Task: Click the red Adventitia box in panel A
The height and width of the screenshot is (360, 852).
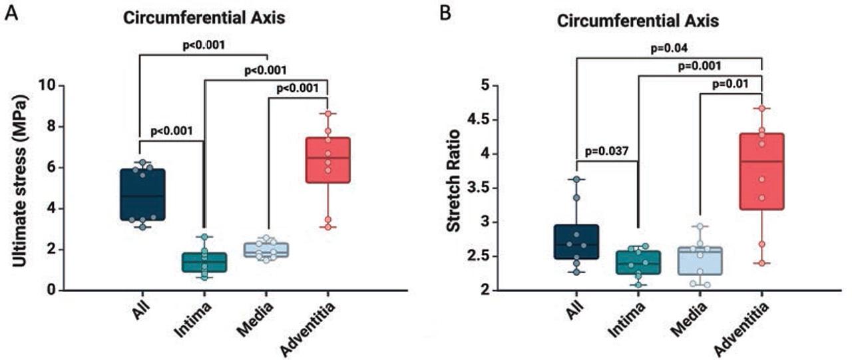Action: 327,160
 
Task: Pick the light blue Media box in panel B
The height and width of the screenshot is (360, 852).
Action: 700,260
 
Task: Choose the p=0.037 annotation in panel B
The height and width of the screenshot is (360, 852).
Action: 607,150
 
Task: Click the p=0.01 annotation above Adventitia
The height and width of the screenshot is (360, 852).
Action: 732,84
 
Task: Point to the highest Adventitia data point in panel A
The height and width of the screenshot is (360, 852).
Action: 327,114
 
